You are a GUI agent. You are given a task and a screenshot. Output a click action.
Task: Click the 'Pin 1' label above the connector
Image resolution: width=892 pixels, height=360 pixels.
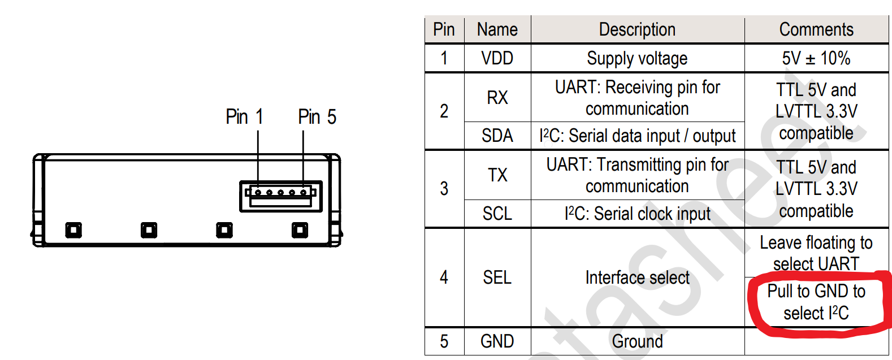[244, 117]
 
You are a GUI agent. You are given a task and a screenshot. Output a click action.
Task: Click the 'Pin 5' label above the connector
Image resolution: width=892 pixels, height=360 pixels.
[317, 117]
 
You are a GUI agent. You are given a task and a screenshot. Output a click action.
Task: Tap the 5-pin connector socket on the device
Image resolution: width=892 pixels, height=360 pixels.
[281, 196]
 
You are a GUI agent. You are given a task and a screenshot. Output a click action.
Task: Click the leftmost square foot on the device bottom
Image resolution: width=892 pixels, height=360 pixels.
[73, 230]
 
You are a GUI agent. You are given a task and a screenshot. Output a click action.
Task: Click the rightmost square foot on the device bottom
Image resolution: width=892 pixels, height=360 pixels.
[300, 230]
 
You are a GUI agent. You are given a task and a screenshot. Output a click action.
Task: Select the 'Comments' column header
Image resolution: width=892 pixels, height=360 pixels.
[816, 29]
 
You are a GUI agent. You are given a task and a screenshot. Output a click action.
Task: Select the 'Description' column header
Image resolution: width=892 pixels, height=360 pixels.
[637, 29]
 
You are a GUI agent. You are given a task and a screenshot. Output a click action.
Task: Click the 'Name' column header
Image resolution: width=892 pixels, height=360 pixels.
[497, 29]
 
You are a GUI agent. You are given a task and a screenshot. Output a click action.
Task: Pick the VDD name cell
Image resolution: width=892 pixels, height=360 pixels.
[497, 58]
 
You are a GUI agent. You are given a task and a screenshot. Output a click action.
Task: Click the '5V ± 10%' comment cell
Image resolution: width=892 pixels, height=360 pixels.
[816, 58]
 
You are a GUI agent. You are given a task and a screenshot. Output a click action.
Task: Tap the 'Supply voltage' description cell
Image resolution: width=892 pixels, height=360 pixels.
[637, 58]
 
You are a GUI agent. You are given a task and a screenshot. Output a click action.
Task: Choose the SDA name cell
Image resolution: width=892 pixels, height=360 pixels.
[497, 136]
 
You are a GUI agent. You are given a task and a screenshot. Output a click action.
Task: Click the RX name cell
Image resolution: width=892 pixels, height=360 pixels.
[497, 98]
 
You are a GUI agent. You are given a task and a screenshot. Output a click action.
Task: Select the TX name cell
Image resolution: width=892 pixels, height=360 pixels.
[497, 175]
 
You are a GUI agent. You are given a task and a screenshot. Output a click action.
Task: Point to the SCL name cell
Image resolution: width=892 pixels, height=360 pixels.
[497, 214]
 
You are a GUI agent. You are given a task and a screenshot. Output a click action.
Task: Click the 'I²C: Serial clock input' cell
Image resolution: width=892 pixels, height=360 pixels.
[637, 214]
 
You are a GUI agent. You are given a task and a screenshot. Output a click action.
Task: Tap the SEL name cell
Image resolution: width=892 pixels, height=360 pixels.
[497, 277]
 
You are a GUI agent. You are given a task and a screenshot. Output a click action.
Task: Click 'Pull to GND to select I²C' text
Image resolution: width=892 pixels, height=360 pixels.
[816, 302]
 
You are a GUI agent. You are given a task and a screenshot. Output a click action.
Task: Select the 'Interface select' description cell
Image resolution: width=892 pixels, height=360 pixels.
[637, 277]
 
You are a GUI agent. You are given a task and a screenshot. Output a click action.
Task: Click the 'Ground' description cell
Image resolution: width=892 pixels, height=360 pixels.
[637, 341]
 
